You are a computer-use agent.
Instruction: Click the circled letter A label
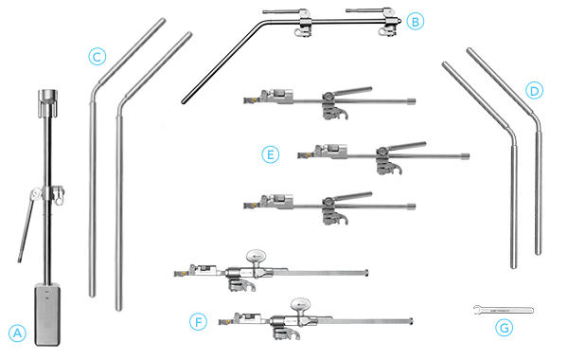pyautogui.click(x=17, y=333)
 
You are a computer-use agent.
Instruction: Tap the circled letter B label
pyautogui.click(x=416, y=22)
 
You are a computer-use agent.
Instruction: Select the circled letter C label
pyautogui.click(x=98, y=57)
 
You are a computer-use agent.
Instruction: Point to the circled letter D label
pyautogui.click(x=534, y=91)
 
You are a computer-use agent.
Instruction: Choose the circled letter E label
pyautogui.click(x=270, y=154)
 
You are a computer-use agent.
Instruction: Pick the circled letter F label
pyautogui.click(x=198, y=321)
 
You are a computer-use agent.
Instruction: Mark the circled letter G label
pyautogui.click(x=504, y=328)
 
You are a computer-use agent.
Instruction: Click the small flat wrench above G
pyautogui.click(x=504, y=311)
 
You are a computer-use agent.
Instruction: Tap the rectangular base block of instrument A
pyautogui.click(x=47, y=314)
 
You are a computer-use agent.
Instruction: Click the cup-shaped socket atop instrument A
pyautogui.click(x=47, y=98)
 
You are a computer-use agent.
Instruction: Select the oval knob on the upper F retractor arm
pyautogui.click(x=257, y=256)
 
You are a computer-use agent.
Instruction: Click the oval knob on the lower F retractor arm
pyautogui.click(x=300, y=304)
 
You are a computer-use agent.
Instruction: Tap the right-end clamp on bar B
pyautogui.click(x=389, y=23)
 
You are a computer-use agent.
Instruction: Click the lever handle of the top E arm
pyautogui.click(x=351, y=91)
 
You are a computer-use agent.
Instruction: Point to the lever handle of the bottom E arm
pyautogui.click(x=351, y=196)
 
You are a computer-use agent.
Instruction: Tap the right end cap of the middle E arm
pyautogui.click(x=466, y=156)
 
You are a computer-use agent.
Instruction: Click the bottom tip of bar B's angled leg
pyautogui.click(x=184, y=102)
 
